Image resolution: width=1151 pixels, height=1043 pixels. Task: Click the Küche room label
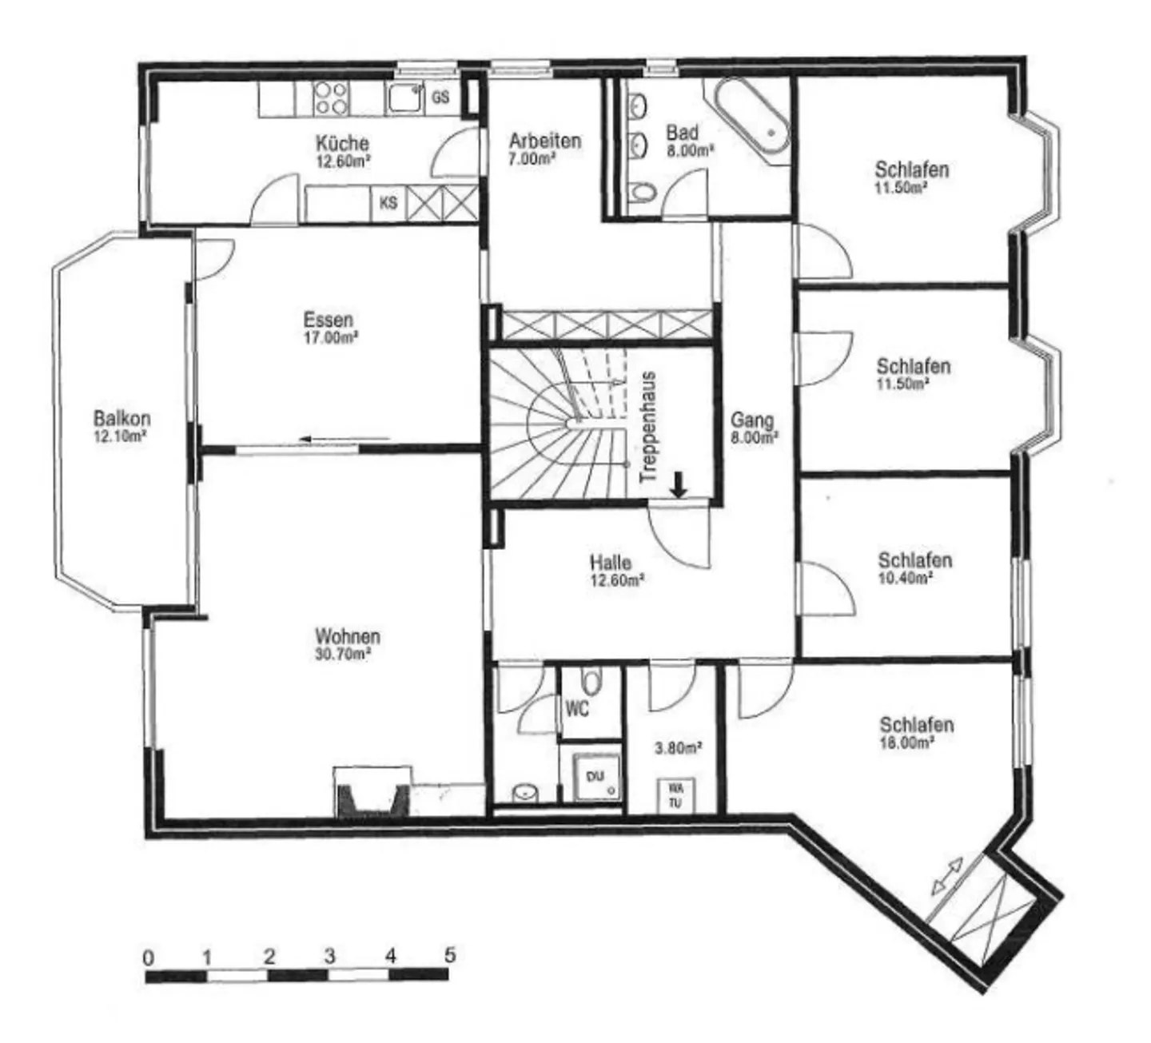342,143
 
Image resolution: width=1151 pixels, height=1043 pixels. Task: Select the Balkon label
121,418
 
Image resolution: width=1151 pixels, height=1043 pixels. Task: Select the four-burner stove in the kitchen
330,98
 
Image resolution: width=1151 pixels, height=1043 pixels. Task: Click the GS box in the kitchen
440,98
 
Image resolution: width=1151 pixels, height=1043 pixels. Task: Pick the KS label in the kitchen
388,203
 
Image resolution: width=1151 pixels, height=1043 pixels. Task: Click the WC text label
577,708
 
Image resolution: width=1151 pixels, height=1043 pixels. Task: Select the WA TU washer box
675,794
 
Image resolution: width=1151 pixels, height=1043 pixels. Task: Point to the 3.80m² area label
678,748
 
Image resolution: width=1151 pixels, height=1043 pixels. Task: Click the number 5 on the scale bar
450,954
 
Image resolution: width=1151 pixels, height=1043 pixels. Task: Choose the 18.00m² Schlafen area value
906,742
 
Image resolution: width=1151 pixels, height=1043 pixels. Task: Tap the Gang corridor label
752,420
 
